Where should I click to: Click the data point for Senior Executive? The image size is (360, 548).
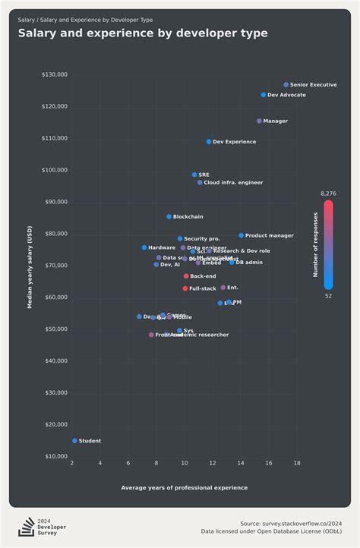[286, 85]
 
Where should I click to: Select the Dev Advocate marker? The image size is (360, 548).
[264, 95]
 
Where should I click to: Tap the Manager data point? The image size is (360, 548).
[259, 121]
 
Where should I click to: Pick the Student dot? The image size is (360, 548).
[74, 441]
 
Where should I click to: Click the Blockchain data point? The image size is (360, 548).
[169, 217]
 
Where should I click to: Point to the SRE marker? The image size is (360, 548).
[194, 175]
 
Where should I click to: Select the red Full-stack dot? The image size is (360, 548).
[185, 288]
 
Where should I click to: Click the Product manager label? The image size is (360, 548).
[269, 236]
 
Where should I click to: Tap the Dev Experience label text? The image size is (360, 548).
[234, 142]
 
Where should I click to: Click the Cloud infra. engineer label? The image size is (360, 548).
[233, 183]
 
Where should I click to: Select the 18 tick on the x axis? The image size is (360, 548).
[296, 463]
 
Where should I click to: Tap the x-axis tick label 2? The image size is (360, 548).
[72, 463]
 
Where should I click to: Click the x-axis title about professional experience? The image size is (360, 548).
[184, 487]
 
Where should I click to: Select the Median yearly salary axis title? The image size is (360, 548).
[30, 266]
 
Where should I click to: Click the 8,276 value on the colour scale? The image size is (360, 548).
[328, 194]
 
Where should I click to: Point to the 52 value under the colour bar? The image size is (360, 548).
[328, 296]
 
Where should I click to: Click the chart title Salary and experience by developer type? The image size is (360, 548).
[143, 33]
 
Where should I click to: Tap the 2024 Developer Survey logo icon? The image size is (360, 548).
[27, 527]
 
